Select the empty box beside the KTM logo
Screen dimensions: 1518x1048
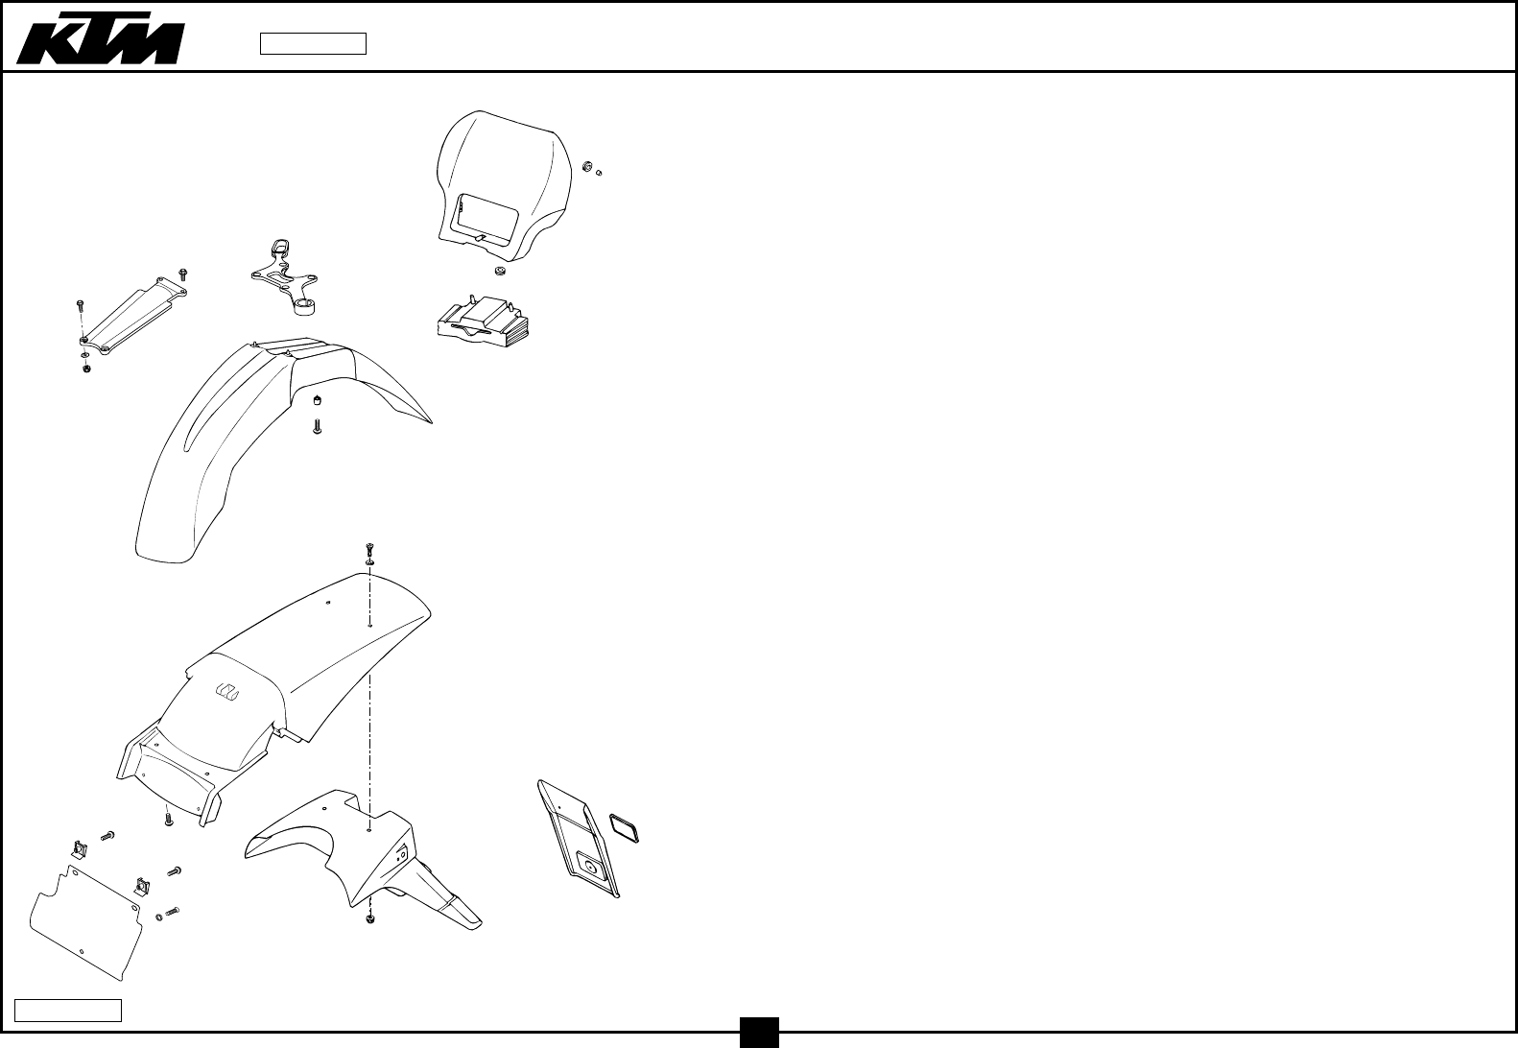313,44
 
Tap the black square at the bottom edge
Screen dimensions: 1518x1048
759,1033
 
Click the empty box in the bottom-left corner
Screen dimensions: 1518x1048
68,1010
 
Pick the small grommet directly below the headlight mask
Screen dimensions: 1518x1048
499,271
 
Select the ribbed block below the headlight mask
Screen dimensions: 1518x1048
483,320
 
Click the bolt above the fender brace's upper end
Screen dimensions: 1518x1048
183,274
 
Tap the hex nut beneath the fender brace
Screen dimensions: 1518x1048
87,368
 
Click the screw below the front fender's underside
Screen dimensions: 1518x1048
317,426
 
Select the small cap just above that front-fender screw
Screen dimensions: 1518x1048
319,399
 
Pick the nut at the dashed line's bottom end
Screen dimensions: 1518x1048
369,921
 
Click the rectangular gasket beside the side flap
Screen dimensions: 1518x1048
626,826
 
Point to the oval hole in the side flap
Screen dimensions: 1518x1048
589,867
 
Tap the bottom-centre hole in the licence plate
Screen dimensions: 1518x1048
83,951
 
